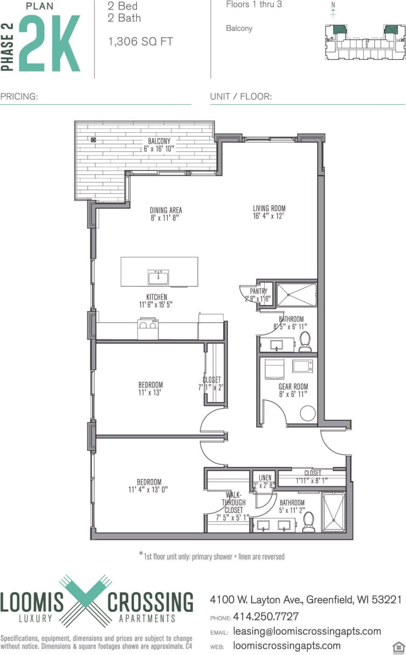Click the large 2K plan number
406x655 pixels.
(50, 43)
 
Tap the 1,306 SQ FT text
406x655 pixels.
(141, 42)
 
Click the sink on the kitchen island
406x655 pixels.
(159, 278)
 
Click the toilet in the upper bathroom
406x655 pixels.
(305, 341)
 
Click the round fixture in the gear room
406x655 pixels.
(307, 414)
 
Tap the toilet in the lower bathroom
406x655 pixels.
(308, 522)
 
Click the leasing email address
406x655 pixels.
(307, 631)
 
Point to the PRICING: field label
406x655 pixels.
(19, 97)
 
